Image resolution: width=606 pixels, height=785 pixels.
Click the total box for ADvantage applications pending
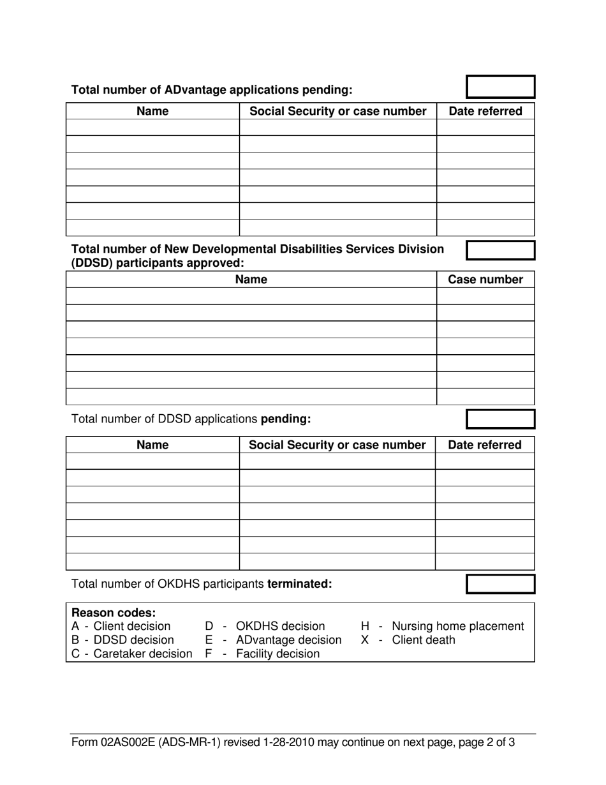(501, 87)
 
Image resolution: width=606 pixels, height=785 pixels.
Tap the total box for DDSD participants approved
(501, 250)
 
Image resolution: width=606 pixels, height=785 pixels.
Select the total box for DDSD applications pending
(501, 419)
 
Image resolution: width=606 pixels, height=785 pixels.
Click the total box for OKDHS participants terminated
(501, 584)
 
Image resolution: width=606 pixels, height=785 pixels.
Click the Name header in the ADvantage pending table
(152, 111)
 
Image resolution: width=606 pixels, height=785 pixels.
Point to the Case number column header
(485, 280)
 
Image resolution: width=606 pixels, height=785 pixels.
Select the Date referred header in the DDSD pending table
(485, 445)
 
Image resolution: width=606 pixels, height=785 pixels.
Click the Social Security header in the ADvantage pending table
(337, 111)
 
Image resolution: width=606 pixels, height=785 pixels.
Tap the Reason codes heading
(114, 613)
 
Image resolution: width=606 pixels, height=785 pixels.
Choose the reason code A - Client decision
(121, 626)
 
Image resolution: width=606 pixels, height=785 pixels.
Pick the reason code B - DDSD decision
(122, 639)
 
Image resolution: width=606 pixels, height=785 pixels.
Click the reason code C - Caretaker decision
(131, 654)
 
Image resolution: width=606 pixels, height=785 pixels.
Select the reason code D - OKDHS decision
(265, 626)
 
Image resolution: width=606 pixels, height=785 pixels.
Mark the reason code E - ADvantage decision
(273, 639)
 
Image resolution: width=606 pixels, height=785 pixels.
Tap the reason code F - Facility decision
(262, 654)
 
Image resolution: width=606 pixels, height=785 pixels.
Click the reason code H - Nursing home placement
(442, 626)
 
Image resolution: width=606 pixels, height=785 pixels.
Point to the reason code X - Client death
(408, 639)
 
